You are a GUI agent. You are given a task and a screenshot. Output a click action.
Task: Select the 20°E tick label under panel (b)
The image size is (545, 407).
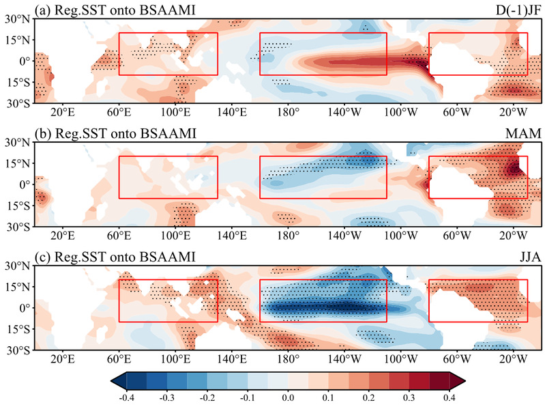[x=63, y=236]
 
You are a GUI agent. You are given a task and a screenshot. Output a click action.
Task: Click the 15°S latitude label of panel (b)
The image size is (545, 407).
[x=19, y=205]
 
